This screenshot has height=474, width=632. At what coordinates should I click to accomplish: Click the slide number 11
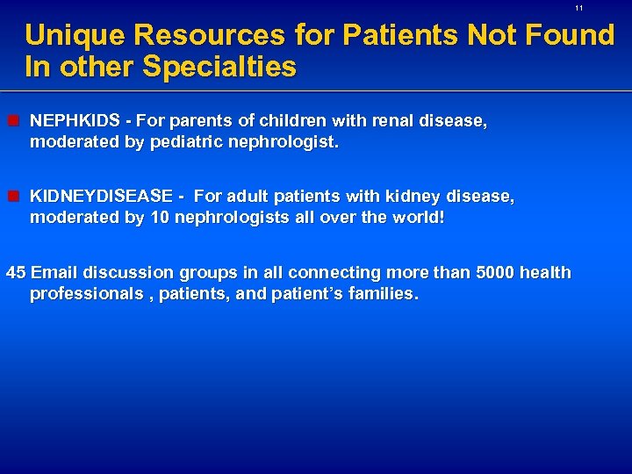pyautogui.click(x=579, y=8)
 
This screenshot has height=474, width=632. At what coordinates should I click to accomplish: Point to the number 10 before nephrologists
pyautogui.click(x=159, y=218)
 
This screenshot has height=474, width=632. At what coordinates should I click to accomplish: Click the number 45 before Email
pyautogui.click(x=16, y=273)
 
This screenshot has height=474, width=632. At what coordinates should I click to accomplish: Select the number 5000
pyautogui.click(x=495, y=273)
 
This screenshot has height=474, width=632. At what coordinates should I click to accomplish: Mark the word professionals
pyautogui.click(x=85, y=294)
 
